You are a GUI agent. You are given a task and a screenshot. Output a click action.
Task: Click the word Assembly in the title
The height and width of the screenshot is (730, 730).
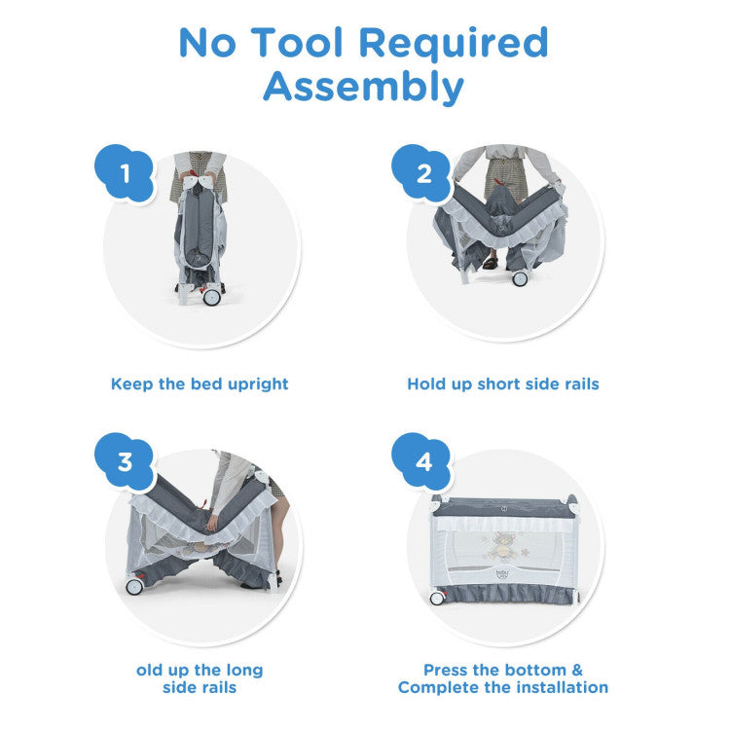click(363, 87)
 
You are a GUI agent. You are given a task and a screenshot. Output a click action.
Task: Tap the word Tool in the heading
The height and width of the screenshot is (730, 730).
click(297, 43)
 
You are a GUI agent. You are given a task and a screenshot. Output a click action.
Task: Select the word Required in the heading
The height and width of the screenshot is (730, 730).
click(454, 43)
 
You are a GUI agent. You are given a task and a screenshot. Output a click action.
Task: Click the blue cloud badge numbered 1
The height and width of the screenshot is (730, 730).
click(125, 172)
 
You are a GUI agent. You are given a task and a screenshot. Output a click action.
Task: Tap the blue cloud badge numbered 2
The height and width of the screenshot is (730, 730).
click(421, 172)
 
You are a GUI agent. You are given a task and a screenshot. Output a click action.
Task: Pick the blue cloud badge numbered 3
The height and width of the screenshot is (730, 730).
click(125, 461)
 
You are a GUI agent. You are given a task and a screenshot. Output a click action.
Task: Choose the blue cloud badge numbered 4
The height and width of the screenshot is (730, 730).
click(421, 461)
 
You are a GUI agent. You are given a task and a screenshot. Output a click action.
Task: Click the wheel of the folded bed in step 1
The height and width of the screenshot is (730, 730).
click(211, 297)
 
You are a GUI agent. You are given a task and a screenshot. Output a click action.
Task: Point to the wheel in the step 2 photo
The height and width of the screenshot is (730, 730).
click(520, 278)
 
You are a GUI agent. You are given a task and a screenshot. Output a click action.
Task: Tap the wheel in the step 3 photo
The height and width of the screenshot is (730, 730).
click(134, 587)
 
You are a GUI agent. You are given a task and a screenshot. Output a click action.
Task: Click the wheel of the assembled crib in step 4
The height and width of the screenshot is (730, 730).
click(437, 599)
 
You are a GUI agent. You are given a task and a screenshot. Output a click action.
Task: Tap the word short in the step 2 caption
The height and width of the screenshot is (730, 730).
click(498, 383)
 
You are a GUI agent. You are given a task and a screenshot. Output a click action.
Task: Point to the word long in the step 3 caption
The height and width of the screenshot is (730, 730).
click(244, 671)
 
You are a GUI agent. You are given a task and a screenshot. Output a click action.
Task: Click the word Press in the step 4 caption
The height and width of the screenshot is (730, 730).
click(446, 670)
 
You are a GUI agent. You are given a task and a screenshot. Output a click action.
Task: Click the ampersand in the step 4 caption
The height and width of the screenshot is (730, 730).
click(577, 670)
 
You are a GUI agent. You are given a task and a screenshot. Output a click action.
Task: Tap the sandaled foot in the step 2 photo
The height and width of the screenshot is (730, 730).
click(491, 264)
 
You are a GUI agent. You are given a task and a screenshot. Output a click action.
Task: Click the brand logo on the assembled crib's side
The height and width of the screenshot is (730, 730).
click(503, 574)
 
